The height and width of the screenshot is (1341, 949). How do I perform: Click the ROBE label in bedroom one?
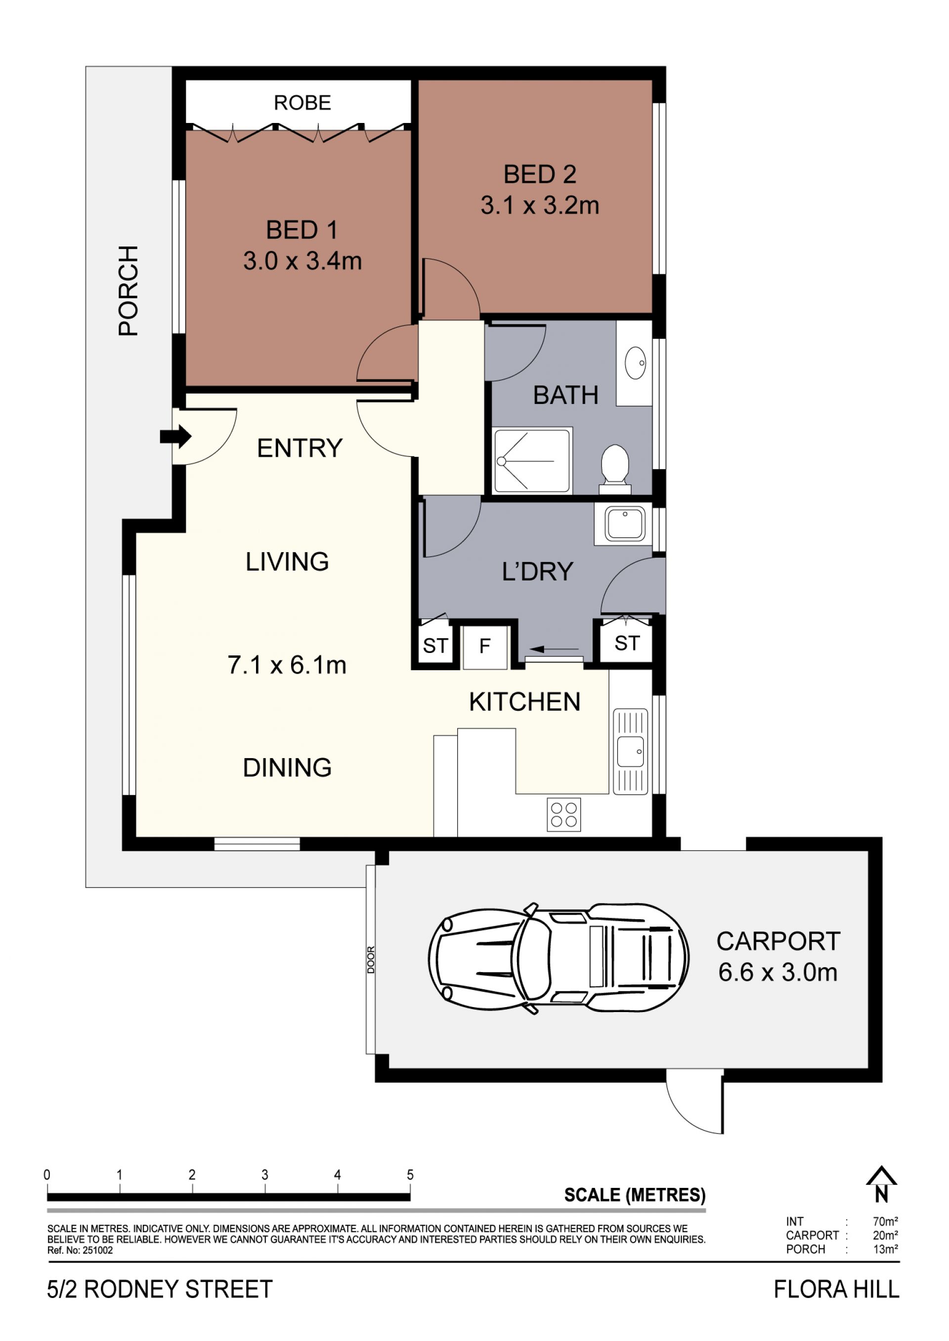(x=302, y=103)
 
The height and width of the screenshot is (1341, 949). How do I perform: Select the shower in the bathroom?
(x=532, y=461)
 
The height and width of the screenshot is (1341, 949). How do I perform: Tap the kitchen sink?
(x=631, y=751)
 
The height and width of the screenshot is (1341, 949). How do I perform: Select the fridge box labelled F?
(x=484, y=647)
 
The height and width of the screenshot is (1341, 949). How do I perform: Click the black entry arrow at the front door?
(x=176, y=436)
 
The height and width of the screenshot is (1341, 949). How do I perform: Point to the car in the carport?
(x=558, y=958)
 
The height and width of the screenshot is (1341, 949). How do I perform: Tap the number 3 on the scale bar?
(x=265, y=1175)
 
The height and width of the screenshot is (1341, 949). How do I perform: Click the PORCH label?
(x=129, y=290)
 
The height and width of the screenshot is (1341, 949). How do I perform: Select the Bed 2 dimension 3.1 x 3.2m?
(x=540, y=205)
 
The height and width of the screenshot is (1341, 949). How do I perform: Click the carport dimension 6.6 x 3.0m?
(x=778, y=972)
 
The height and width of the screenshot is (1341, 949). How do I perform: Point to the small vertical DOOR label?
(x=371, y=960)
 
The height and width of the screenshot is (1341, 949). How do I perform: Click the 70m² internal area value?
(x=885, y=1221)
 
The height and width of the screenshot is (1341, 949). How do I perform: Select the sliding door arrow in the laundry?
(x=554, y=649)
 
